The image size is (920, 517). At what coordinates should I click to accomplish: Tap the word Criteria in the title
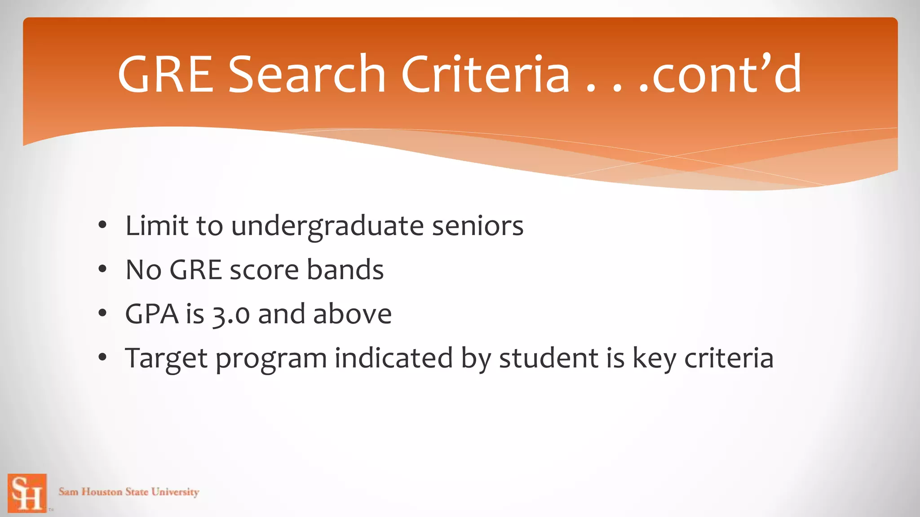486,74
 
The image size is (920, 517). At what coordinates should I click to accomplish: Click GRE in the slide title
165,74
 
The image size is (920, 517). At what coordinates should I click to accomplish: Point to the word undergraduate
327,226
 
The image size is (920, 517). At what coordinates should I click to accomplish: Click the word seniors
478,226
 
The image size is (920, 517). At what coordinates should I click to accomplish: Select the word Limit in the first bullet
156,226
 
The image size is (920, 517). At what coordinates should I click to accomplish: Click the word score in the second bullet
264,270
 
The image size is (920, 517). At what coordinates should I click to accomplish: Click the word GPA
152,314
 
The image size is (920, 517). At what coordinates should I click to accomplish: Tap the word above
352,314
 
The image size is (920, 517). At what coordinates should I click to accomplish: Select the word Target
166,359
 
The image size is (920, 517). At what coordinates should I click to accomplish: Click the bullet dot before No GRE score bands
103,270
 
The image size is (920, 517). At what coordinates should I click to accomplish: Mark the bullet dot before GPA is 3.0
103,314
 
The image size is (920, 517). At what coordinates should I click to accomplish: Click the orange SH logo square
27,493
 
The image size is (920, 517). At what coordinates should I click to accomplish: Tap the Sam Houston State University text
129,492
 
